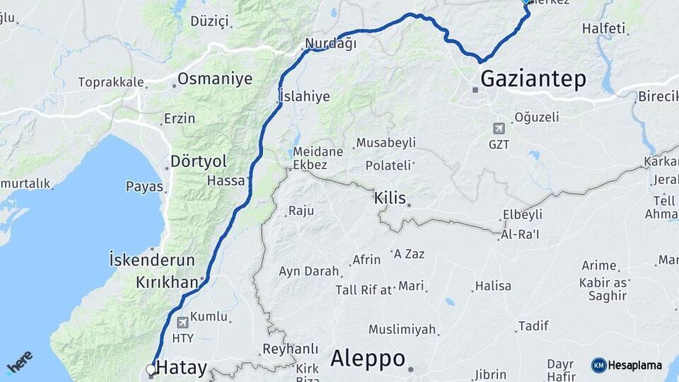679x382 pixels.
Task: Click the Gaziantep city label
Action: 533,79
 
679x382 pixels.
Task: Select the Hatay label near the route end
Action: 182,368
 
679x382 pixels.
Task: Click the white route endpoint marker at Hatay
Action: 151,369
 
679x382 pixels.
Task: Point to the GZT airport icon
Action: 499,129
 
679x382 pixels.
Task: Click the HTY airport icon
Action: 183,322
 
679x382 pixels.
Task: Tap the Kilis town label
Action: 390,198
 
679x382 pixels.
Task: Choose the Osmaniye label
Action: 214,79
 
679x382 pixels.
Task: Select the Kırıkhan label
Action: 167,282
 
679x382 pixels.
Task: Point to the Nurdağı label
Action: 330,44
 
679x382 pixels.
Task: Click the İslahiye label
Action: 304,96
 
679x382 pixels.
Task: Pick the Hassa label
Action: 226,180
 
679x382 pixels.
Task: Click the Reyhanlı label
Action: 290,349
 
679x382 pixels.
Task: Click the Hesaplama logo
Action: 627,365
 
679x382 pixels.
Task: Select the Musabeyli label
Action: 385,143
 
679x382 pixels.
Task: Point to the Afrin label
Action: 366,260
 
